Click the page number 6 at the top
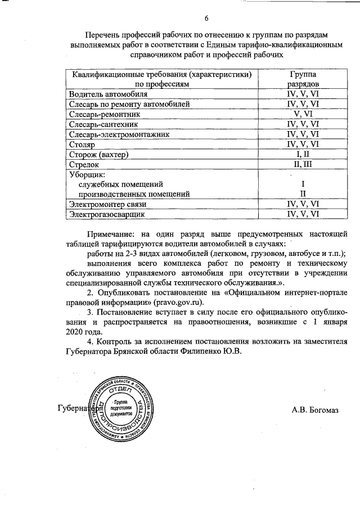206,19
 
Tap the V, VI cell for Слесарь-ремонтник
303,114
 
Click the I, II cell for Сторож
303,155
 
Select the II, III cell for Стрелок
303,165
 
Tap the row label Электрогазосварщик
106,214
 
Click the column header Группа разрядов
303,79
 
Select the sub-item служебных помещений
121,184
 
